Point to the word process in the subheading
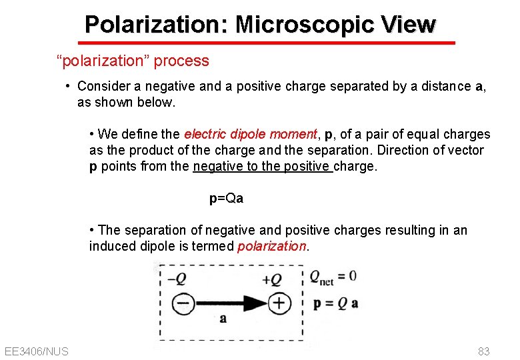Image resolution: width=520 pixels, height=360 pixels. (181, 61)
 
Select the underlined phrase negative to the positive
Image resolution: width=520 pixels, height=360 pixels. (262, 167)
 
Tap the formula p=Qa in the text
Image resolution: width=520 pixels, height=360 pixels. (226, 198)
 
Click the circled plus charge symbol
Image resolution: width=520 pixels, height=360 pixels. (279, 304)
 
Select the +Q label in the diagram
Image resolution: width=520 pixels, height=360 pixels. (272, 279)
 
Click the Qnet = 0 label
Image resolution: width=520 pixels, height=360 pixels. (333, 277)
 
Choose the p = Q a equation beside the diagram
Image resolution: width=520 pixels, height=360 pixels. (335, 303)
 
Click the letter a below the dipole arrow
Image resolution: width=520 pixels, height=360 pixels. (223, 318)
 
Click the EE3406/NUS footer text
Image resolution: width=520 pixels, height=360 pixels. (36, 351)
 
